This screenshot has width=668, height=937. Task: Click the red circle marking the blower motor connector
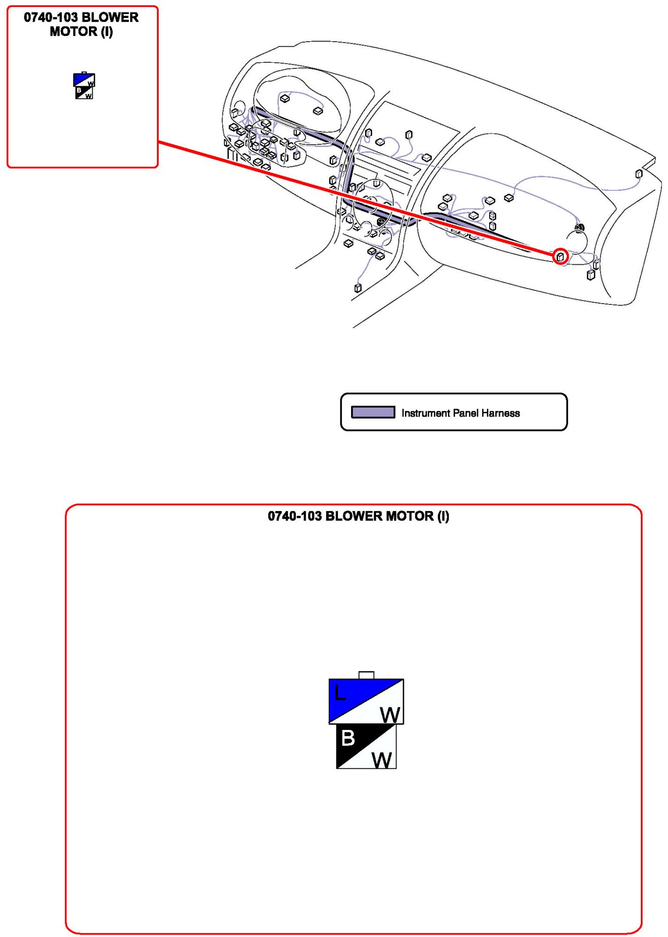560,256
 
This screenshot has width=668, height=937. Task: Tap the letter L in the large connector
340,693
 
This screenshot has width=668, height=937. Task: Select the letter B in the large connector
348,738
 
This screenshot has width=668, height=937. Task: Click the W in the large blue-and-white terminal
390,715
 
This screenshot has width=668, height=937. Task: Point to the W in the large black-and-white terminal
382,760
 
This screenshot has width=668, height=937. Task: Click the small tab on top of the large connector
366,675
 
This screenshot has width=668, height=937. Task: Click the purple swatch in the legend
373,412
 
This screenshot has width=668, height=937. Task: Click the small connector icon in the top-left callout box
84,86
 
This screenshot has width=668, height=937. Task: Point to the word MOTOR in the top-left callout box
73,32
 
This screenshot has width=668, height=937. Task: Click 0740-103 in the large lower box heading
294,516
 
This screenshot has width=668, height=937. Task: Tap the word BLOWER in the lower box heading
353,516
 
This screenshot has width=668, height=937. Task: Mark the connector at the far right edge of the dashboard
639,174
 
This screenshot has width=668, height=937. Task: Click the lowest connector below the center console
358,288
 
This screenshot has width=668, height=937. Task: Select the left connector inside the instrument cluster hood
284,98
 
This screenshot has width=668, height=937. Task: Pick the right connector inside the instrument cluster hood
318,111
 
